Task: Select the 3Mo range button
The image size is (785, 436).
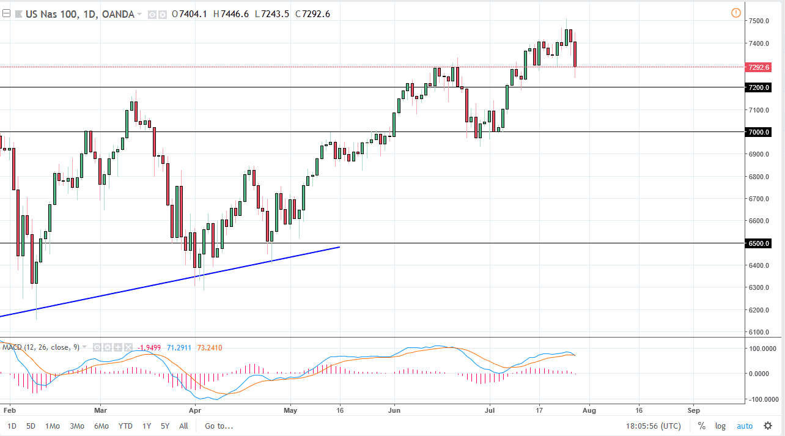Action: coord(76,426)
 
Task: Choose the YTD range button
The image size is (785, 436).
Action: coord(125,426)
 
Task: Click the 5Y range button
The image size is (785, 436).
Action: coord(165,426)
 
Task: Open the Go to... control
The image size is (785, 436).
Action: coord(218,426)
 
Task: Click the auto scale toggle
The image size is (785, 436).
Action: coord(745,426)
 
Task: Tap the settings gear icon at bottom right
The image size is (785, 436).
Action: coord(768,426)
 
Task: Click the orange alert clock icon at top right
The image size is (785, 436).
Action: coord(735,13)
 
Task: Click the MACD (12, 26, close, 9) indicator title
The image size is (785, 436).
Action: coord(40,347)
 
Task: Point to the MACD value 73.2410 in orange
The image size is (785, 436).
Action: coord(211,347)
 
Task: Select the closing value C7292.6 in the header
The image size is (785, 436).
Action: coord(312,14)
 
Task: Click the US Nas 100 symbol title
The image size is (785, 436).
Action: coord(51,14)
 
